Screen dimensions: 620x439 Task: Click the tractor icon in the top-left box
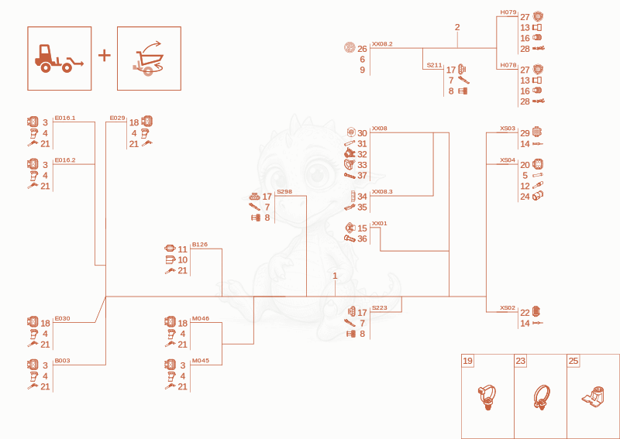(x=59, y=59)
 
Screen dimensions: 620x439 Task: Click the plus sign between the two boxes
(x=105, y=55)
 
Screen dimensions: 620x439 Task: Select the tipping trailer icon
(x=148, y=58)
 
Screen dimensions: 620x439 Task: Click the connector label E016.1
(x=65, y=118)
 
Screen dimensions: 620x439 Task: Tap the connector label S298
(x=284, y=192)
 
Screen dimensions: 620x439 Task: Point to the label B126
(x=200, y=244)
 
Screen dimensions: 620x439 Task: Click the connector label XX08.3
(x=382, y=192)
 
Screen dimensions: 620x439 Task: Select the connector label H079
(x=508, y=12)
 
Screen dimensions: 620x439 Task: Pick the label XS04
(x=508, y=160)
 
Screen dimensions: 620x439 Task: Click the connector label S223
(x=379, y=308)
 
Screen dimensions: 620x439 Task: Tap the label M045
(x=201, y=360)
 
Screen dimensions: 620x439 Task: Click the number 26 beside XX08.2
(x=362, y=49)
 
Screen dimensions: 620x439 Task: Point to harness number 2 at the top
(x=457, y=27)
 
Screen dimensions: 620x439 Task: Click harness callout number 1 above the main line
(x=335, y=276)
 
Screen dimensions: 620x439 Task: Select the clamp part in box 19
(x=487, y=396)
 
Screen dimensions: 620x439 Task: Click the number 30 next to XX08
(x=362, y=133)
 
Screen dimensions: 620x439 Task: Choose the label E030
(x=62, y=318)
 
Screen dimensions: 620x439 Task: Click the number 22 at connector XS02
(x=525, y=313)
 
